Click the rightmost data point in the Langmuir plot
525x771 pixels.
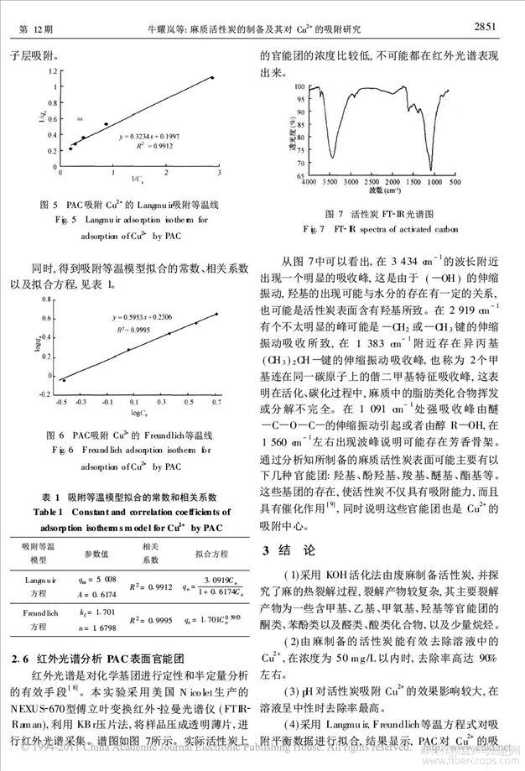212,78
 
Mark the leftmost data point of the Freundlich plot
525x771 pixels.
65,381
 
